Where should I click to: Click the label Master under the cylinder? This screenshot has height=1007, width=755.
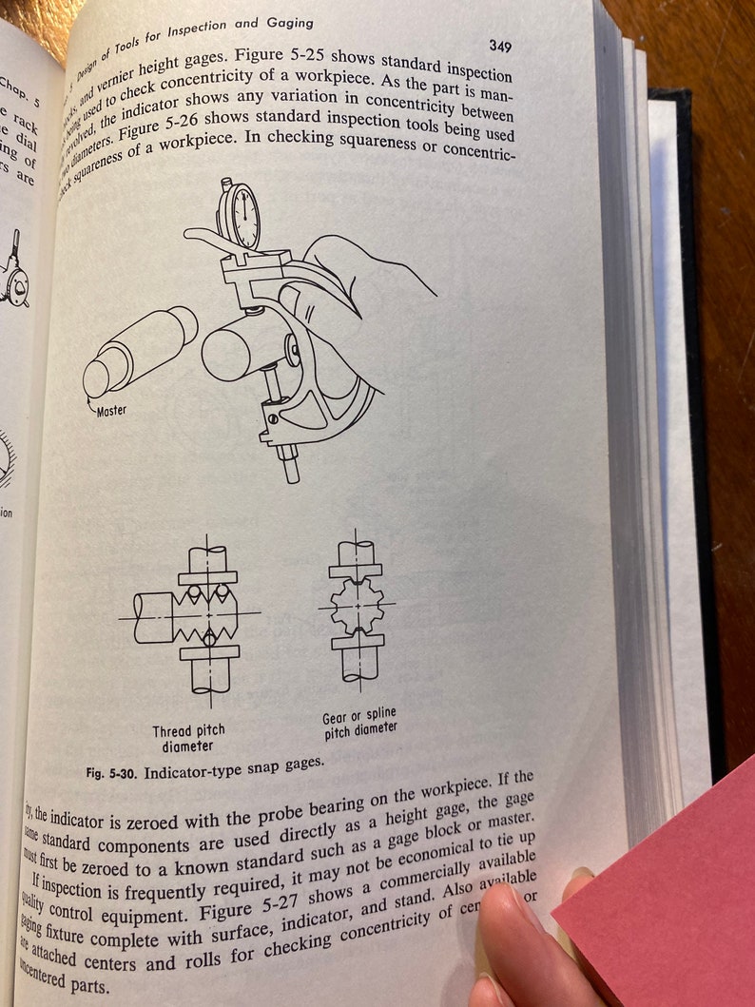[110, 411]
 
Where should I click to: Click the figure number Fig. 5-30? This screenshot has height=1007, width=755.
[110, 772]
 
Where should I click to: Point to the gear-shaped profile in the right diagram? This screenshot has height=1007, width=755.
[358, 604]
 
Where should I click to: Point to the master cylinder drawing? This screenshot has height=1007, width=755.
[138, 352]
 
